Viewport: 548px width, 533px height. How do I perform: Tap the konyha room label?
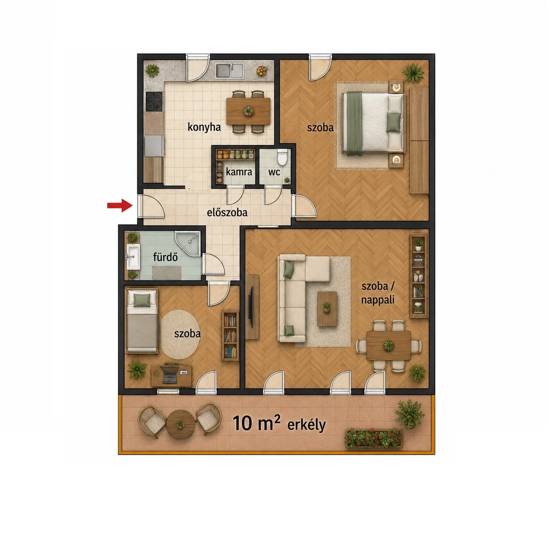204,127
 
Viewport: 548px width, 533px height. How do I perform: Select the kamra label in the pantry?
239,172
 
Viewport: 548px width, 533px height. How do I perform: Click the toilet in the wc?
282,158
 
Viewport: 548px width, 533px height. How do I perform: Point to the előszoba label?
227,212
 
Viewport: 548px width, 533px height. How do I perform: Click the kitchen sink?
229,71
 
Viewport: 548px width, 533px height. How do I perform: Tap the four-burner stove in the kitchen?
154,102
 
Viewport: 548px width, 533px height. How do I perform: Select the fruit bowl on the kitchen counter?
261,71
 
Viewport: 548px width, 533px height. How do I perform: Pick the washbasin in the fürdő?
133,256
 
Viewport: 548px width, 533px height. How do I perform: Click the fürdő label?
165,257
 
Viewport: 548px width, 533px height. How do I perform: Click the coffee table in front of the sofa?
327,309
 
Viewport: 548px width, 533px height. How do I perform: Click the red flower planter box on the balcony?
373,439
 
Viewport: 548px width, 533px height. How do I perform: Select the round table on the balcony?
180,424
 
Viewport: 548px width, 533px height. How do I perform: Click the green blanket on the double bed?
354,123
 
